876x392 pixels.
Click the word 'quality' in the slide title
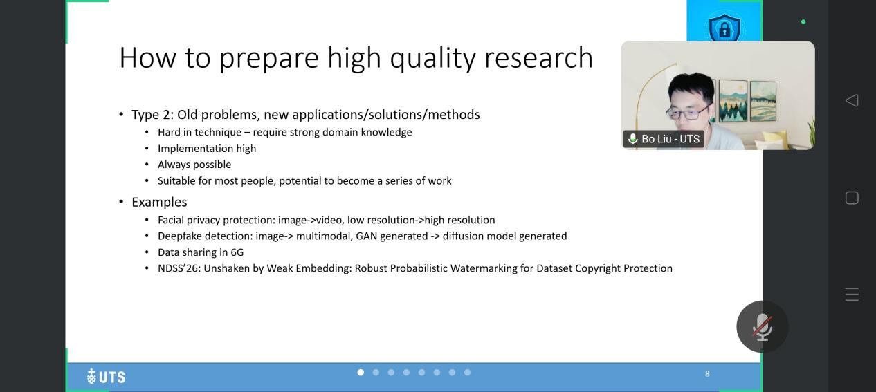pos(433,58)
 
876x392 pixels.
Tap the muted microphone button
pos(763,327)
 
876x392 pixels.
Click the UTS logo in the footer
pos(106,377)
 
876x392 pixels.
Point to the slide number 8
pos(707,374)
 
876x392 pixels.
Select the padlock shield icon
pos(724,28)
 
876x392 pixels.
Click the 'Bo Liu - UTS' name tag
pos(664,139)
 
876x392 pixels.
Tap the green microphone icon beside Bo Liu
pos(632,139)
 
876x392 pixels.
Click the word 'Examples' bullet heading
pos(159,202)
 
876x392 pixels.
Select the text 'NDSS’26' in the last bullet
pos(179,268)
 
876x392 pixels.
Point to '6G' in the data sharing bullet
pos(237,252)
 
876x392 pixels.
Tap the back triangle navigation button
pos(852,100)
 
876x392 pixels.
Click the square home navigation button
pos(852,198)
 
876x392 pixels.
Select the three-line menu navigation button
pos(852,295)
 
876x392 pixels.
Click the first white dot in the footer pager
pos(361,373)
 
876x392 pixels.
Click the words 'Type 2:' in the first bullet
pos(152,115)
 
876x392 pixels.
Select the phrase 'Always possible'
pos(194,165)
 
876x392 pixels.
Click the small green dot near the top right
pos(803,22)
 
